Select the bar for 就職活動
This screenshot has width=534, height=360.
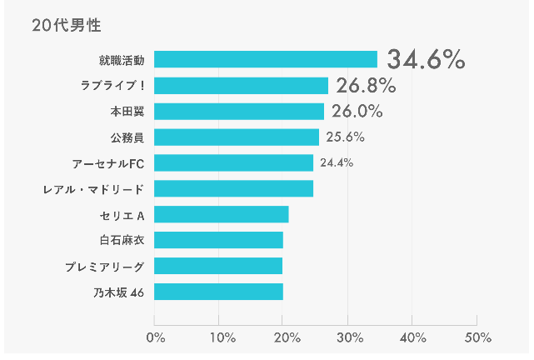click(x=266, y=59)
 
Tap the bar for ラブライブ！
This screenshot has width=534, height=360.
click(x=242, y=85)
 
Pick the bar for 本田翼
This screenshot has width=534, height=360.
click(x=239, y=112)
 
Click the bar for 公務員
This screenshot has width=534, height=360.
click(x=237, y=137)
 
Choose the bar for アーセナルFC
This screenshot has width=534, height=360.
click(x=234, y=162)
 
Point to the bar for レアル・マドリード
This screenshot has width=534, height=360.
click(x=234, y=188)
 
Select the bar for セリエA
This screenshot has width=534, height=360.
click(x=222, y=214)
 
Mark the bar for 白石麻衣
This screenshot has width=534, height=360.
click(x=219, y=240)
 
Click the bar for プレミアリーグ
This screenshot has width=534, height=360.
click(x=218, y=266)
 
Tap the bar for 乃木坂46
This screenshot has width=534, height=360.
click(x=219, y=292)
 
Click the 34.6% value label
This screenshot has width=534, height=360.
click(x=425, y=59)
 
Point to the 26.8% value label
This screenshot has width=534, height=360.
click(x=366, y=85)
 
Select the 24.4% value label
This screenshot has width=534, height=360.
click(x=337, y=162)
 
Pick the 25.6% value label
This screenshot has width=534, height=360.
click(x=345, y=137)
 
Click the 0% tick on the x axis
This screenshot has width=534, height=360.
click(x=155, y=337)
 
